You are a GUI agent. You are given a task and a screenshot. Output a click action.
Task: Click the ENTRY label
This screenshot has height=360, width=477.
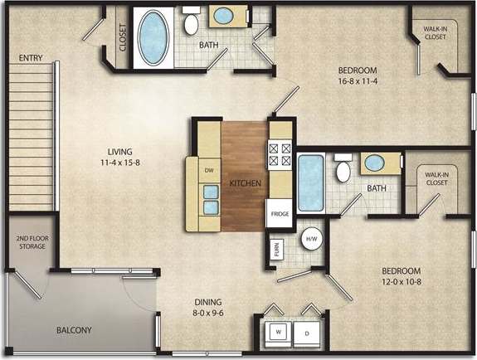pyautogui.click(x=32, y=57)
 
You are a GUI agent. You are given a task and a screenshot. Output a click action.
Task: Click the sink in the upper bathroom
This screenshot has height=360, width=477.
pyautogui.click(x=223, y=15)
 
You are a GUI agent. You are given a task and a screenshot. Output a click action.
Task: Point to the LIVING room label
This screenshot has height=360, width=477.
pyautogui.click(x=124, y=151)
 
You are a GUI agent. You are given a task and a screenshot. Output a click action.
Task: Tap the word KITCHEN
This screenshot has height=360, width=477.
pyautogui.click(x=246, y=182)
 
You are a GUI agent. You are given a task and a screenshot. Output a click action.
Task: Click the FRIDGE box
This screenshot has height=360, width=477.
pyautogui.click(x=280, y=213)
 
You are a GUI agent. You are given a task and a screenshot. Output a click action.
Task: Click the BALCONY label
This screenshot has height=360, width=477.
pyautogui.click(x=74, y=330)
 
